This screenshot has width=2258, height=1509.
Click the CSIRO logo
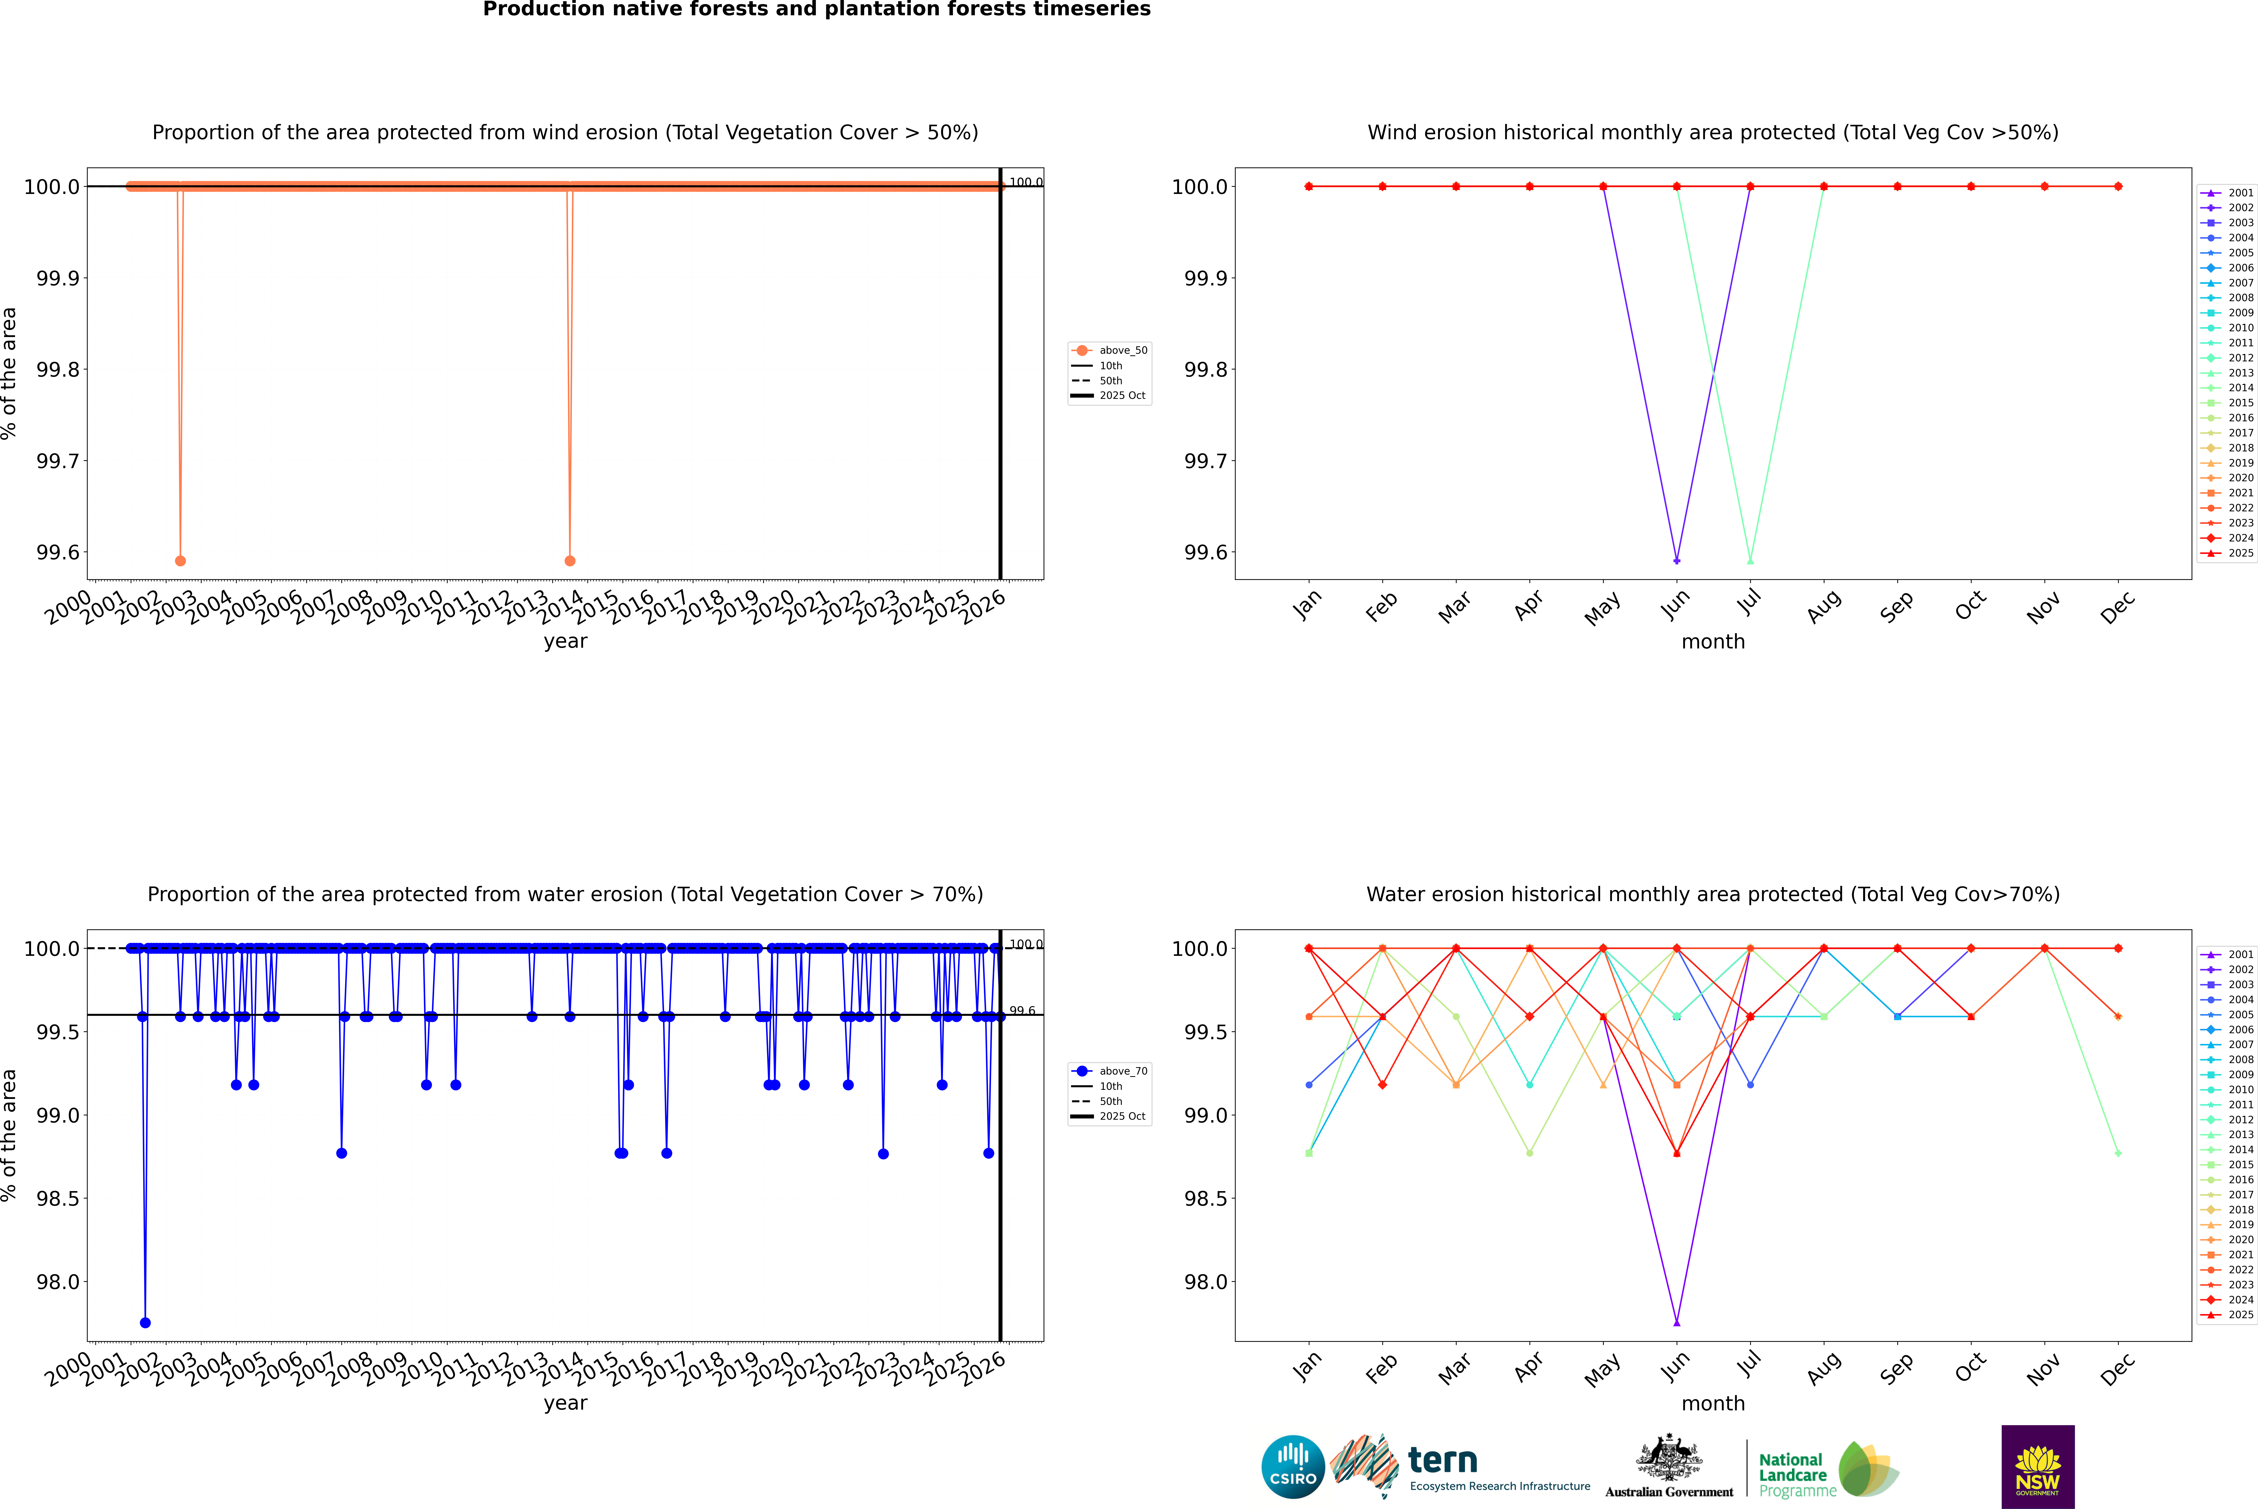(1293, 1467)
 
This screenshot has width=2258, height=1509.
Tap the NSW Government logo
(2038, 1467)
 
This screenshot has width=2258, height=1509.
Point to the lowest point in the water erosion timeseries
(145, 1322)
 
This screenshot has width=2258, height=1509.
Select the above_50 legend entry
(1110, 350)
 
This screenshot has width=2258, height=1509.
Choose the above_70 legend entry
(1110, 1071)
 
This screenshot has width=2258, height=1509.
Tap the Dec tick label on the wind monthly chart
(2118, 608)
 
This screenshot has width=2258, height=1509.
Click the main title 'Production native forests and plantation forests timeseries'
(816, 10)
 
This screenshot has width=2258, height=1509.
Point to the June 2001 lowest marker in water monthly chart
(1677, 1322)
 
